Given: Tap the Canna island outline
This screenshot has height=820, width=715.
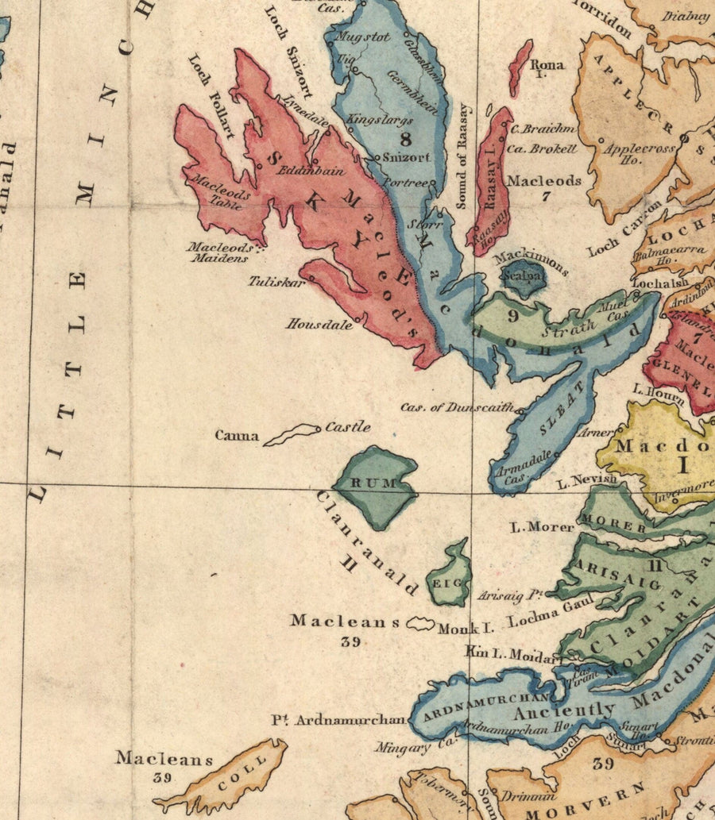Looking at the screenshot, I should pyautogui.click(x=291, y=433).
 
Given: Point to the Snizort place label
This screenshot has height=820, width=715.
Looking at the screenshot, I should pyautogui.click(x=406, y=157).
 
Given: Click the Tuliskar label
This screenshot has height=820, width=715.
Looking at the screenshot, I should pyautogui.click(x=276, y=281).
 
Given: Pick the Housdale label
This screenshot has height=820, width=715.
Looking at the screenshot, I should pyautogui.click(x=319, y=324).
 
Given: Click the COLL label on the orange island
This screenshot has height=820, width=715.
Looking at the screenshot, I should pyautogui.click(x=238, y=776).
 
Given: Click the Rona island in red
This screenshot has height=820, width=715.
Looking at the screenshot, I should pyautogui.click(x=520, y=67).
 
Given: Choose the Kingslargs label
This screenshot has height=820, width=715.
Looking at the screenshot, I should pyautogui.click(x=381, y=120).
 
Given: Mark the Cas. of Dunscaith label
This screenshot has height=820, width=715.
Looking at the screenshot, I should pyautogui.click(x=458, y=407).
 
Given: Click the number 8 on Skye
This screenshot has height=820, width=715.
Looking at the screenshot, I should pyautogui.click(x=406, y=139).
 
